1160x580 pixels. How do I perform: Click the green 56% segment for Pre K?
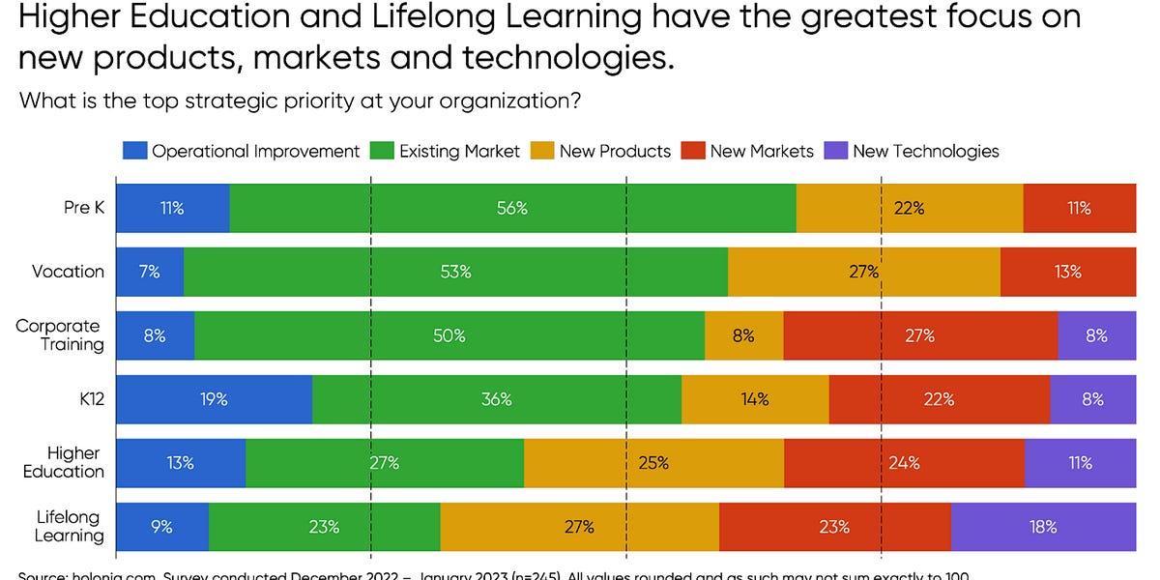pos(512,208)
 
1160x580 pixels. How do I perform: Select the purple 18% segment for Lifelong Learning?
pos(1043,527)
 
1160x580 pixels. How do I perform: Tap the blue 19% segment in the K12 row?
pos(214,399)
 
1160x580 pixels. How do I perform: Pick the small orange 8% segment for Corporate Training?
pos(743,335)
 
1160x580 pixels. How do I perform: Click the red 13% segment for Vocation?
pos(1067,272)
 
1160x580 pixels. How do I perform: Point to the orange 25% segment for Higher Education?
pos(653,463)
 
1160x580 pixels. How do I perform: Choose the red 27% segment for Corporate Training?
pos(920,335)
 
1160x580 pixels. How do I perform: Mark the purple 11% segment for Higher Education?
pos(1080,463)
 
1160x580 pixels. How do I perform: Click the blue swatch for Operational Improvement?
pos(134,151)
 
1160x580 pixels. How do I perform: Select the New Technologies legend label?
pos(925,151)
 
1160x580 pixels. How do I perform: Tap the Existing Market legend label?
pos(459,151)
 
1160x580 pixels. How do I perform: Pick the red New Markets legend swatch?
pos(693,151)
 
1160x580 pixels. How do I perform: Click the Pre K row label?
pos(83,208)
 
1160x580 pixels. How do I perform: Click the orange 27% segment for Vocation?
pos(863,272)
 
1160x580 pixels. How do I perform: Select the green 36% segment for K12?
pos(496,399)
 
